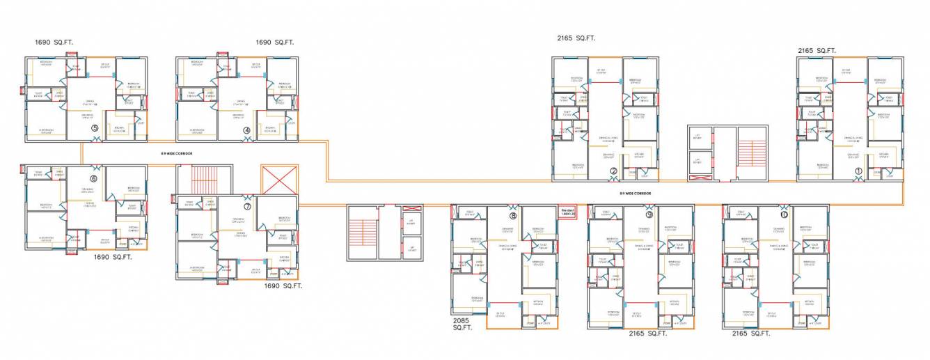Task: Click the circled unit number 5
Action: pos(95,129)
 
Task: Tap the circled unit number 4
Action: pos(246,130)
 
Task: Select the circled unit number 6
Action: pos(93,178)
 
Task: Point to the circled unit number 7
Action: pos(247,206)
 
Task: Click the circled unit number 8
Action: pos(513,216)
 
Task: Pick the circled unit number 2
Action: pos(613,171)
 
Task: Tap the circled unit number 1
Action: pos(858,171)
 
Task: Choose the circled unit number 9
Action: pos(649,215)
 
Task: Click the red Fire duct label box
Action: pos(568,211)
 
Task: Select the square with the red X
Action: pos(278,180)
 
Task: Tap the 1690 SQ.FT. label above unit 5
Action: pos(54,42)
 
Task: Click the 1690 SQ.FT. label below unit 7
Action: pos(283,285)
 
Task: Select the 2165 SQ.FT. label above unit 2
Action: pos(576,39)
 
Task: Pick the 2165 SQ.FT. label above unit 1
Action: pos(817,51)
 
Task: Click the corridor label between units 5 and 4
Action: pos(172,153)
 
